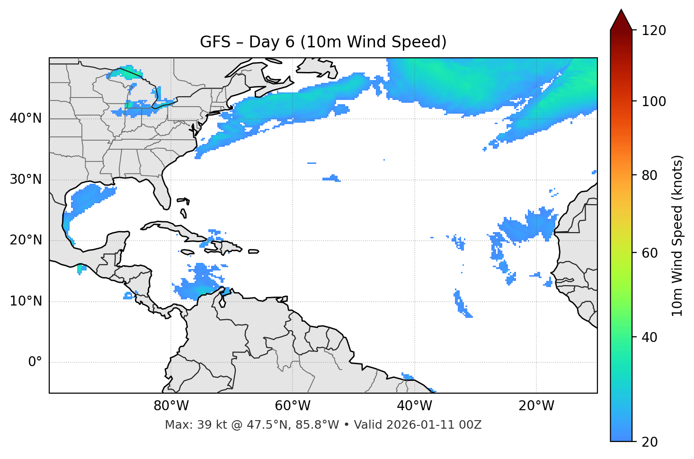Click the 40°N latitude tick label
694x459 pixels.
point(26,118)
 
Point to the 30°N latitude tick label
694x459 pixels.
point(26,180)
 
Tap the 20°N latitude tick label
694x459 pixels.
point(26,240)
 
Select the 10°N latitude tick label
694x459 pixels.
point(26,301)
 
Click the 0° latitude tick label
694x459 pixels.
point(35,362)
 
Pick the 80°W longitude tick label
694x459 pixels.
point(171,406)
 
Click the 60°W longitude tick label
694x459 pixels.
point(293,406)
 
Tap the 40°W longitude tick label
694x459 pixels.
point(415,406)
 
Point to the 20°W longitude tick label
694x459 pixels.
point(536,406)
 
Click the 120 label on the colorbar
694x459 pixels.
point(654,31)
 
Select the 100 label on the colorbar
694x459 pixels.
point(654,101)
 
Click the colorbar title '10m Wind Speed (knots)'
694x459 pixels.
point(677,236)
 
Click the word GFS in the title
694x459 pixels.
point(215,42)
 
